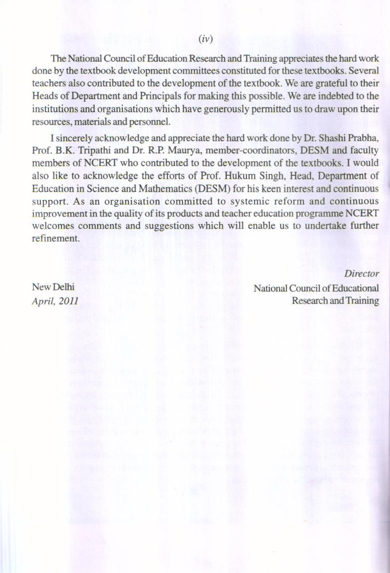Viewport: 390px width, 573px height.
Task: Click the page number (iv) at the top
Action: tap(206, 39)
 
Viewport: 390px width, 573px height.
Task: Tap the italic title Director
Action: tap(362, 273)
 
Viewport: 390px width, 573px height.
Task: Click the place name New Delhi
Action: tap(53, 287)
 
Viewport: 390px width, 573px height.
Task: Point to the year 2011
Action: tap(69, 301)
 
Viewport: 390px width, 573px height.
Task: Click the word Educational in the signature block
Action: tap(356, 288)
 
